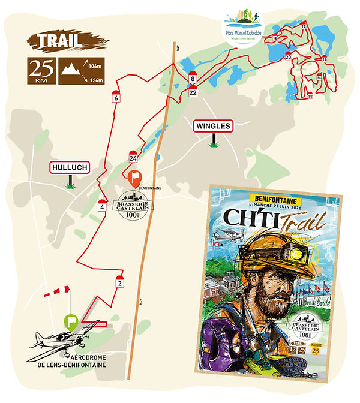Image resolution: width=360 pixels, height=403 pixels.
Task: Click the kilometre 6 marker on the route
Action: [115, 97]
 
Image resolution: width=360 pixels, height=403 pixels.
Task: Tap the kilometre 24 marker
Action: [133, 158]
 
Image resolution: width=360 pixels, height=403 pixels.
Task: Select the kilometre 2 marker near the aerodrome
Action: [120, 282]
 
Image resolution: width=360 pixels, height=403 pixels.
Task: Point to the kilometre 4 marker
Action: [102, 207]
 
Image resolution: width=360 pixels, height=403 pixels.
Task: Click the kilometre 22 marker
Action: [193, 92]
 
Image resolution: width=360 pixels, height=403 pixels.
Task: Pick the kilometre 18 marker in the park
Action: [310, 95]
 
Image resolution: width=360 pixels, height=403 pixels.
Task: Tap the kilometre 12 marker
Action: [304, 27]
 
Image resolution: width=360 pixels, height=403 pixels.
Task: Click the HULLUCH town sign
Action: [70, 168]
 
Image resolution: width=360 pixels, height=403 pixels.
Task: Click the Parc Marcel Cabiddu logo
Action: [243, 28]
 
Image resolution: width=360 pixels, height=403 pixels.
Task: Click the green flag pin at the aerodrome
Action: [71, 321]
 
